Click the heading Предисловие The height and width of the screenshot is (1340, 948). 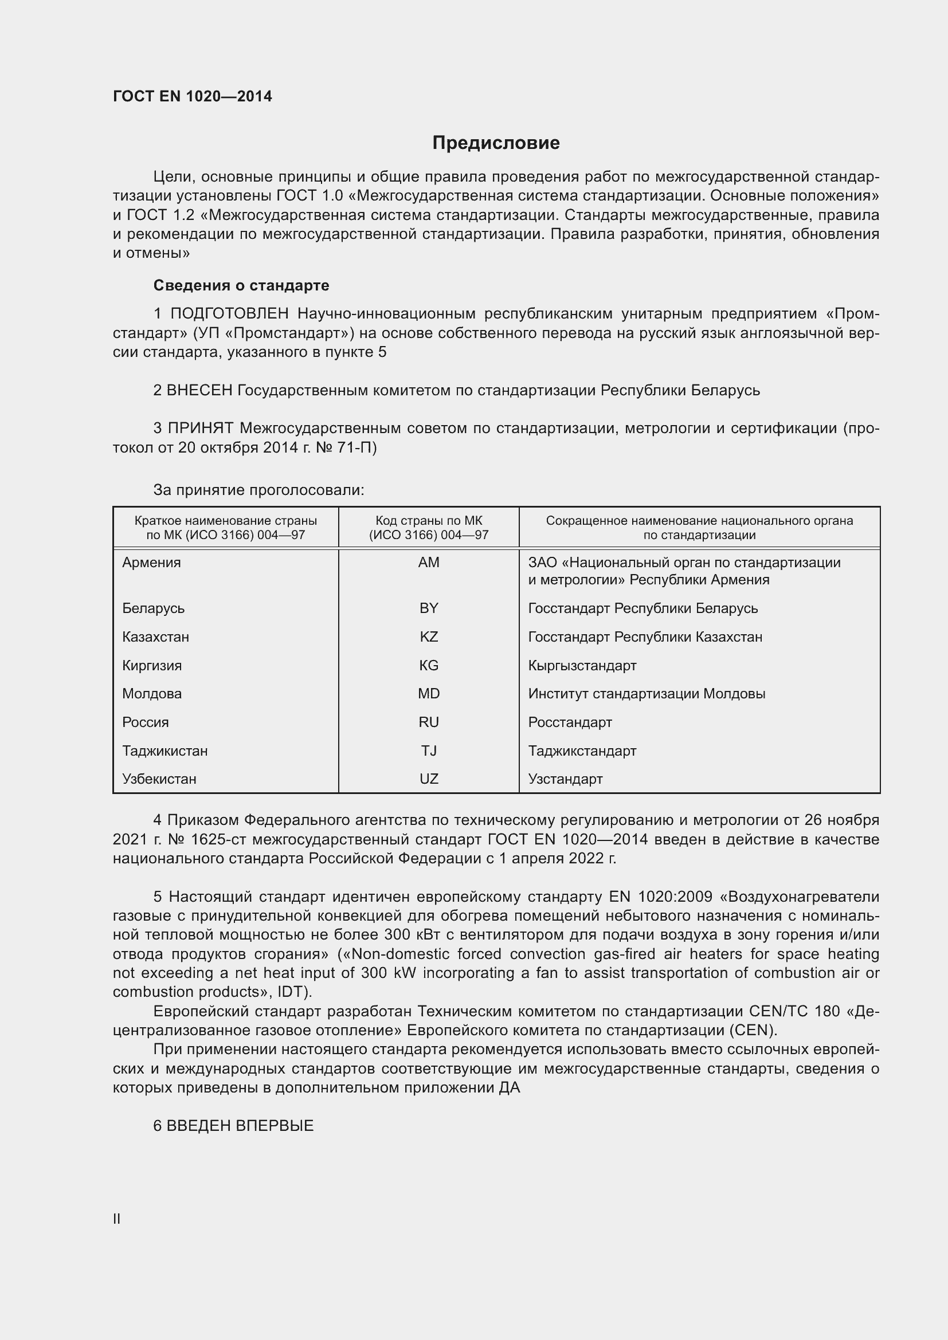[x=496, y=143]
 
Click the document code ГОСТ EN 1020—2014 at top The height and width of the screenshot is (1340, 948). [x=192, y=96]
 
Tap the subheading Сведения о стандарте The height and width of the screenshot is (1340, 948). [x=241, y=285]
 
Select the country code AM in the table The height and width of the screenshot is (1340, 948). [x=429, y=563]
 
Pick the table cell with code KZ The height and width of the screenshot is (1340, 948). [x=429, y=636]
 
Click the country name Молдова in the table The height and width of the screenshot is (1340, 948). [x=152, y=694]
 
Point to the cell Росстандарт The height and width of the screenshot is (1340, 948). [x=570, y=722]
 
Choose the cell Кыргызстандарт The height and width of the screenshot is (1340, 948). [x=582, y=665]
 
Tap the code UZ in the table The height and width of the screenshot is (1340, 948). [x=429, y=779]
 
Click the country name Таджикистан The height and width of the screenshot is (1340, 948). [x=164, y=750]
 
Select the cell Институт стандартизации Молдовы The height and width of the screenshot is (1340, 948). [x=646, y=694]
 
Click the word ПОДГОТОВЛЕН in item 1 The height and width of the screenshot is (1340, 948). [x=229, y=314]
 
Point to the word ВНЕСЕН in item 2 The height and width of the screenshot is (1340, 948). [x=199, y=390]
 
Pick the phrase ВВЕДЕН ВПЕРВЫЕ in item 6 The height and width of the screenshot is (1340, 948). [x=240, y=1126]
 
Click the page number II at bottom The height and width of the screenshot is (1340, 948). [x=117, y=1219]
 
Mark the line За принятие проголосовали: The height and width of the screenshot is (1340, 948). [x=258, y=490]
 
